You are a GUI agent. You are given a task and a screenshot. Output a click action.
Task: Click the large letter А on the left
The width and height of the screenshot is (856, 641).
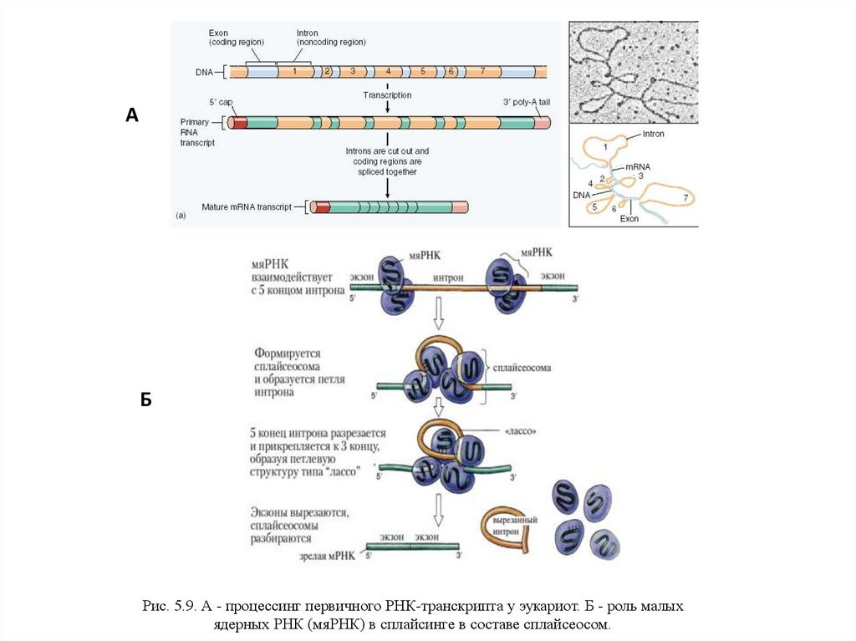pyautogui.click(x=131, y=115)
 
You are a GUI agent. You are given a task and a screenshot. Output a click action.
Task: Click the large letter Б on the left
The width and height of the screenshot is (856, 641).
pyautogui.click(x=145, y=399)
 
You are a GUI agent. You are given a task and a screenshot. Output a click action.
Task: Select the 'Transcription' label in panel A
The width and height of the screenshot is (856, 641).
pyautogui.click(x=387, y=95)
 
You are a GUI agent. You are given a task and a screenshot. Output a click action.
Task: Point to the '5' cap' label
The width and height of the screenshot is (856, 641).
pyautogui.click(x=221, y=102)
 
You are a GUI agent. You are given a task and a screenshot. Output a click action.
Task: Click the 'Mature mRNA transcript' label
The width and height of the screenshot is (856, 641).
pyautogui.click(x=246, y=206)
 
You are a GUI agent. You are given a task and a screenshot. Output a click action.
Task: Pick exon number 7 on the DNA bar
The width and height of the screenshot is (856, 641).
pyautogui.click(x=482, y=72)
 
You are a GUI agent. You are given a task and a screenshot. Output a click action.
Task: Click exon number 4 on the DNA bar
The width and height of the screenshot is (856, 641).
pyautogui.click(x=388, y=72)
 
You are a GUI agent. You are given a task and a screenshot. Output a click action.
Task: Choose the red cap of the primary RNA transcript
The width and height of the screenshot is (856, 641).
pyautogui.click(x=240, y=123)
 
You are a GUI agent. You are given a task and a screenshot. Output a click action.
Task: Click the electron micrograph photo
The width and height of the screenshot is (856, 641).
pyautogui.click(x=633, y=70)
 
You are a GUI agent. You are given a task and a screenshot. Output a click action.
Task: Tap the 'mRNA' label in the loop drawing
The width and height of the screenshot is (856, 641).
pyautogui.click(x=637, y=167)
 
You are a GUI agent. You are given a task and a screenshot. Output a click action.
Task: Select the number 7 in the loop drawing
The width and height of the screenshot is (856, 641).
pyautogui.click(x=685, y=197)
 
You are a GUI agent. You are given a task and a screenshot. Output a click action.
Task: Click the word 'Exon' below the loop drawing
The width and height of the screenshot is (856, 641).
pyautogui.click(x=629, y=220)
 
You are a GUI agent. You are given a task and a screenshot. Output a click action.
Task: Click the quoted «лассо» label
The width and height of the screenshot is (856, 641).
pyautogui.click(x=520, y=432)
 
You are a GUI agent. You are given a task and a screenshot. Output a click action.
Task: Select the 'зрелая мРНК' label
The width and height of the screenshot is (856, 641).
pyautogui.click(x=329, y=554)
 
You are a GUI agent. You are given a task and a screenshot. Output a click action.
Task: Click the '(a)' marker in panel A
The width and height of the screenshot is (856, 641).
pyautogui.click(x=181, y=215)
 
